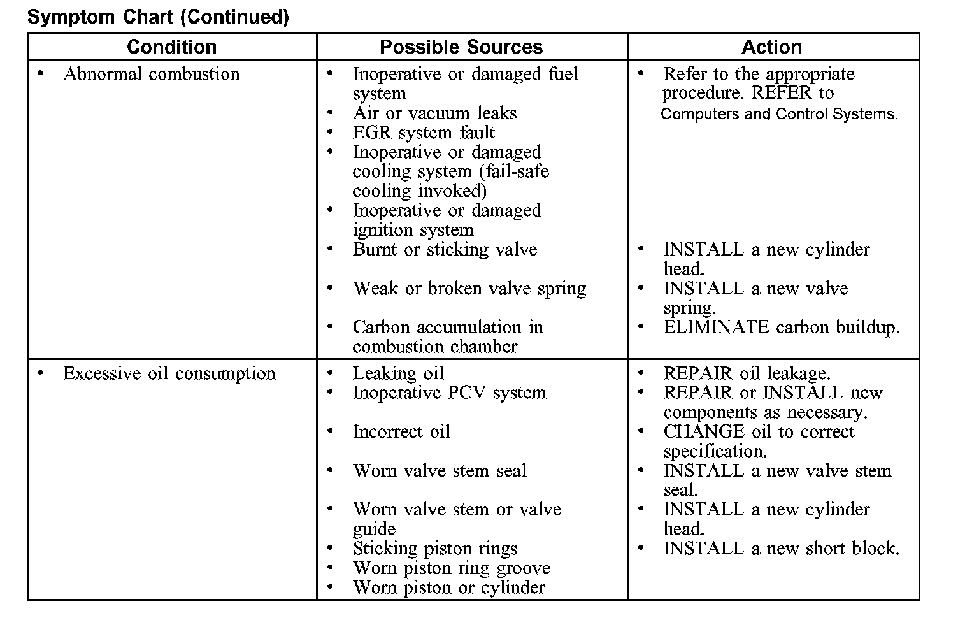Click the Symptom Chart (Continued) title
(x=158, y=17)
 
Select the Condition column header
(x=171, y=47)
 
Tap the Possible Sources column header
(x=461, y=47)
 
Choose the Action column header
(x=771, y=47)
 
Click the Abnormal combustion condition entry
(x=152, y=74)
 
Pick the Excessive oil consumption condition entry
(x=169, y=373)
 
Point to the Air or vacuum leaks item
(x=434, y=113)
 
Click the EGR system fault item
(x=424, y=133)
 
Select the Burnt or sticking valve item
(x=445, y=250)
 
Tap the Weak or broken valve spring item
(x=469, y=289)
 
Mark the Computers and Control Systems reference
(x=779, y=115)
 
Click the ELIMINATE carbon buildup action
(x=781, y=328)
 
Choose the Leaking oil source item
(x=398, y=373)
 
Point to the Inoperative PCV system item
(x=449, y=393)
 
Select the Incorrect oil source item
(x=401, y=432)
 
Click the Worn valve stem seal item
(x=440, y=471)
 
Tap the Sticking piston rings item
(x=435, y=549)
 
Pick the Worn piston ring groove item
(x=451, y=568)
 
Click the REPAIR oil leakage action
(x=747, y=373)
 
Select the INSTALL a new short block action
(x=781, y=549)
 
